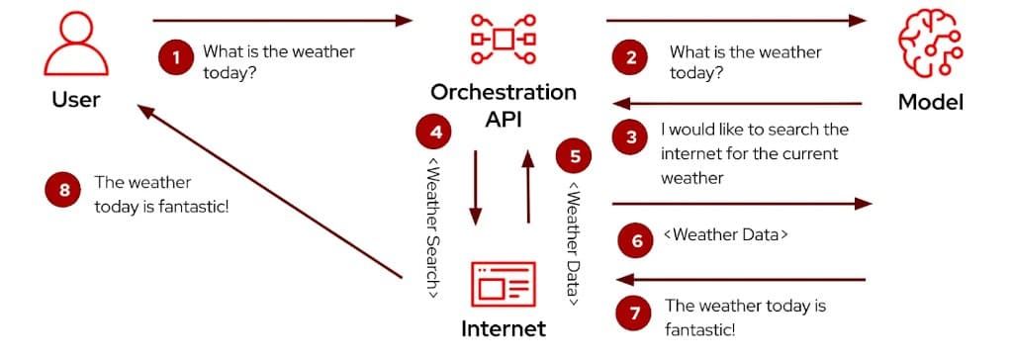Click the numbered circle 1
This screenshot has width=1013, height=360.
(x=176, y=58)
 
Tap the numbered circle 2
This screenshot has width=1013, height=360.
(x=631, y=58)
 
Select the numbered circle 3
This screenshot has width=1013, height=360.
(x=631, y=137)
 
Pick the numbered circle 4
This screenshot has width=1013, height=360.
(x=435, y=131)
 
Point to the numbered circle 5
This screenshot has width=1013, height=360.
(x=575, y=155)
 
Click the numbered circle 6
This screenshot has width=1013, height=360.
(x=636, y=240)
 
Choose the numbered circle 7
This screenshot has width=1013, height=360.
(x=634, y=314)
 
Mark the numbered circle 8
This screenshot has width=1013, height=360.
(x=64, y=191)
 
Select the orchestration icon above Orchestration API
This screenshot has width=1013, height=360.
(x=503, y=39)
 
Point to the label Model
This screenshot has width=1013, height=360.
(x=930, y=102)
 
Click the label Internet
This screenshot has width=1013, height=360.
(x=504, y=328)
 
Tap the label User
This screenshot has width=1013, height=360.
(x=76, y=100)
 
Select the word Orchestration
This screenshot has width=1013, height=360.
(x=503, y=93)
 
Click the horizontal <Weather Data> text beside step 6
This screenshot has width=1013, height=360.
(x=725, y=235)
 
